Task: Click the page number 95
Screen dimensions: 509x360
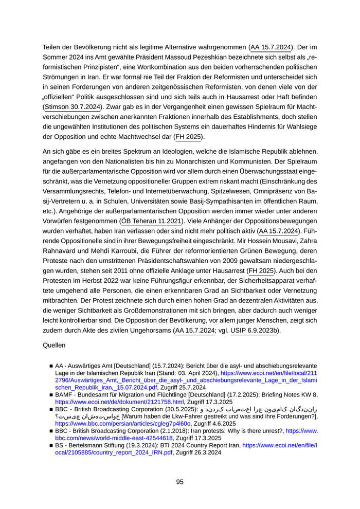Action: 179,482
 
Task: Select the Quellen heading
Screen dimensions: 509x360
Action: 56,346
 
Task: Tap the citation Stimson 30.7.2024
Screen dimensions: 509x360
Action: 73,107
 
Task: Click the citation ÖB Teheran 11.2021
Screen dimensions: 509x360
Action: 151,221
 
